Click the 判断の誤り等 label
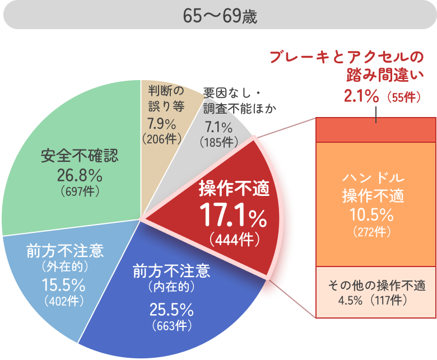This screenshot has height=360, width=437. pyautogui.click(x=166, y=98)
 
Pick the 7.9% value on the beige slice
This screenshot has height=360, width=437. pyautogui.click(x=161, y=123)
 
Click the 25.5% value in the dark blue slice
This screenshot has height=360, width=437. pyautogui.click(x=171, y=309)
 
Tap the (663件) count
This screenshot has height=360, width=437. pyautogui.click(x=171, y=325)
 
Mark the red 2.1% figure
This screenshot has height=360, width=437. pyautogui.click(x=361, y=97)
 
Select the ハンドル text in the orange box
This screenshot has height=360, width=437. pyautogui.click(x=373, y=179)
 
